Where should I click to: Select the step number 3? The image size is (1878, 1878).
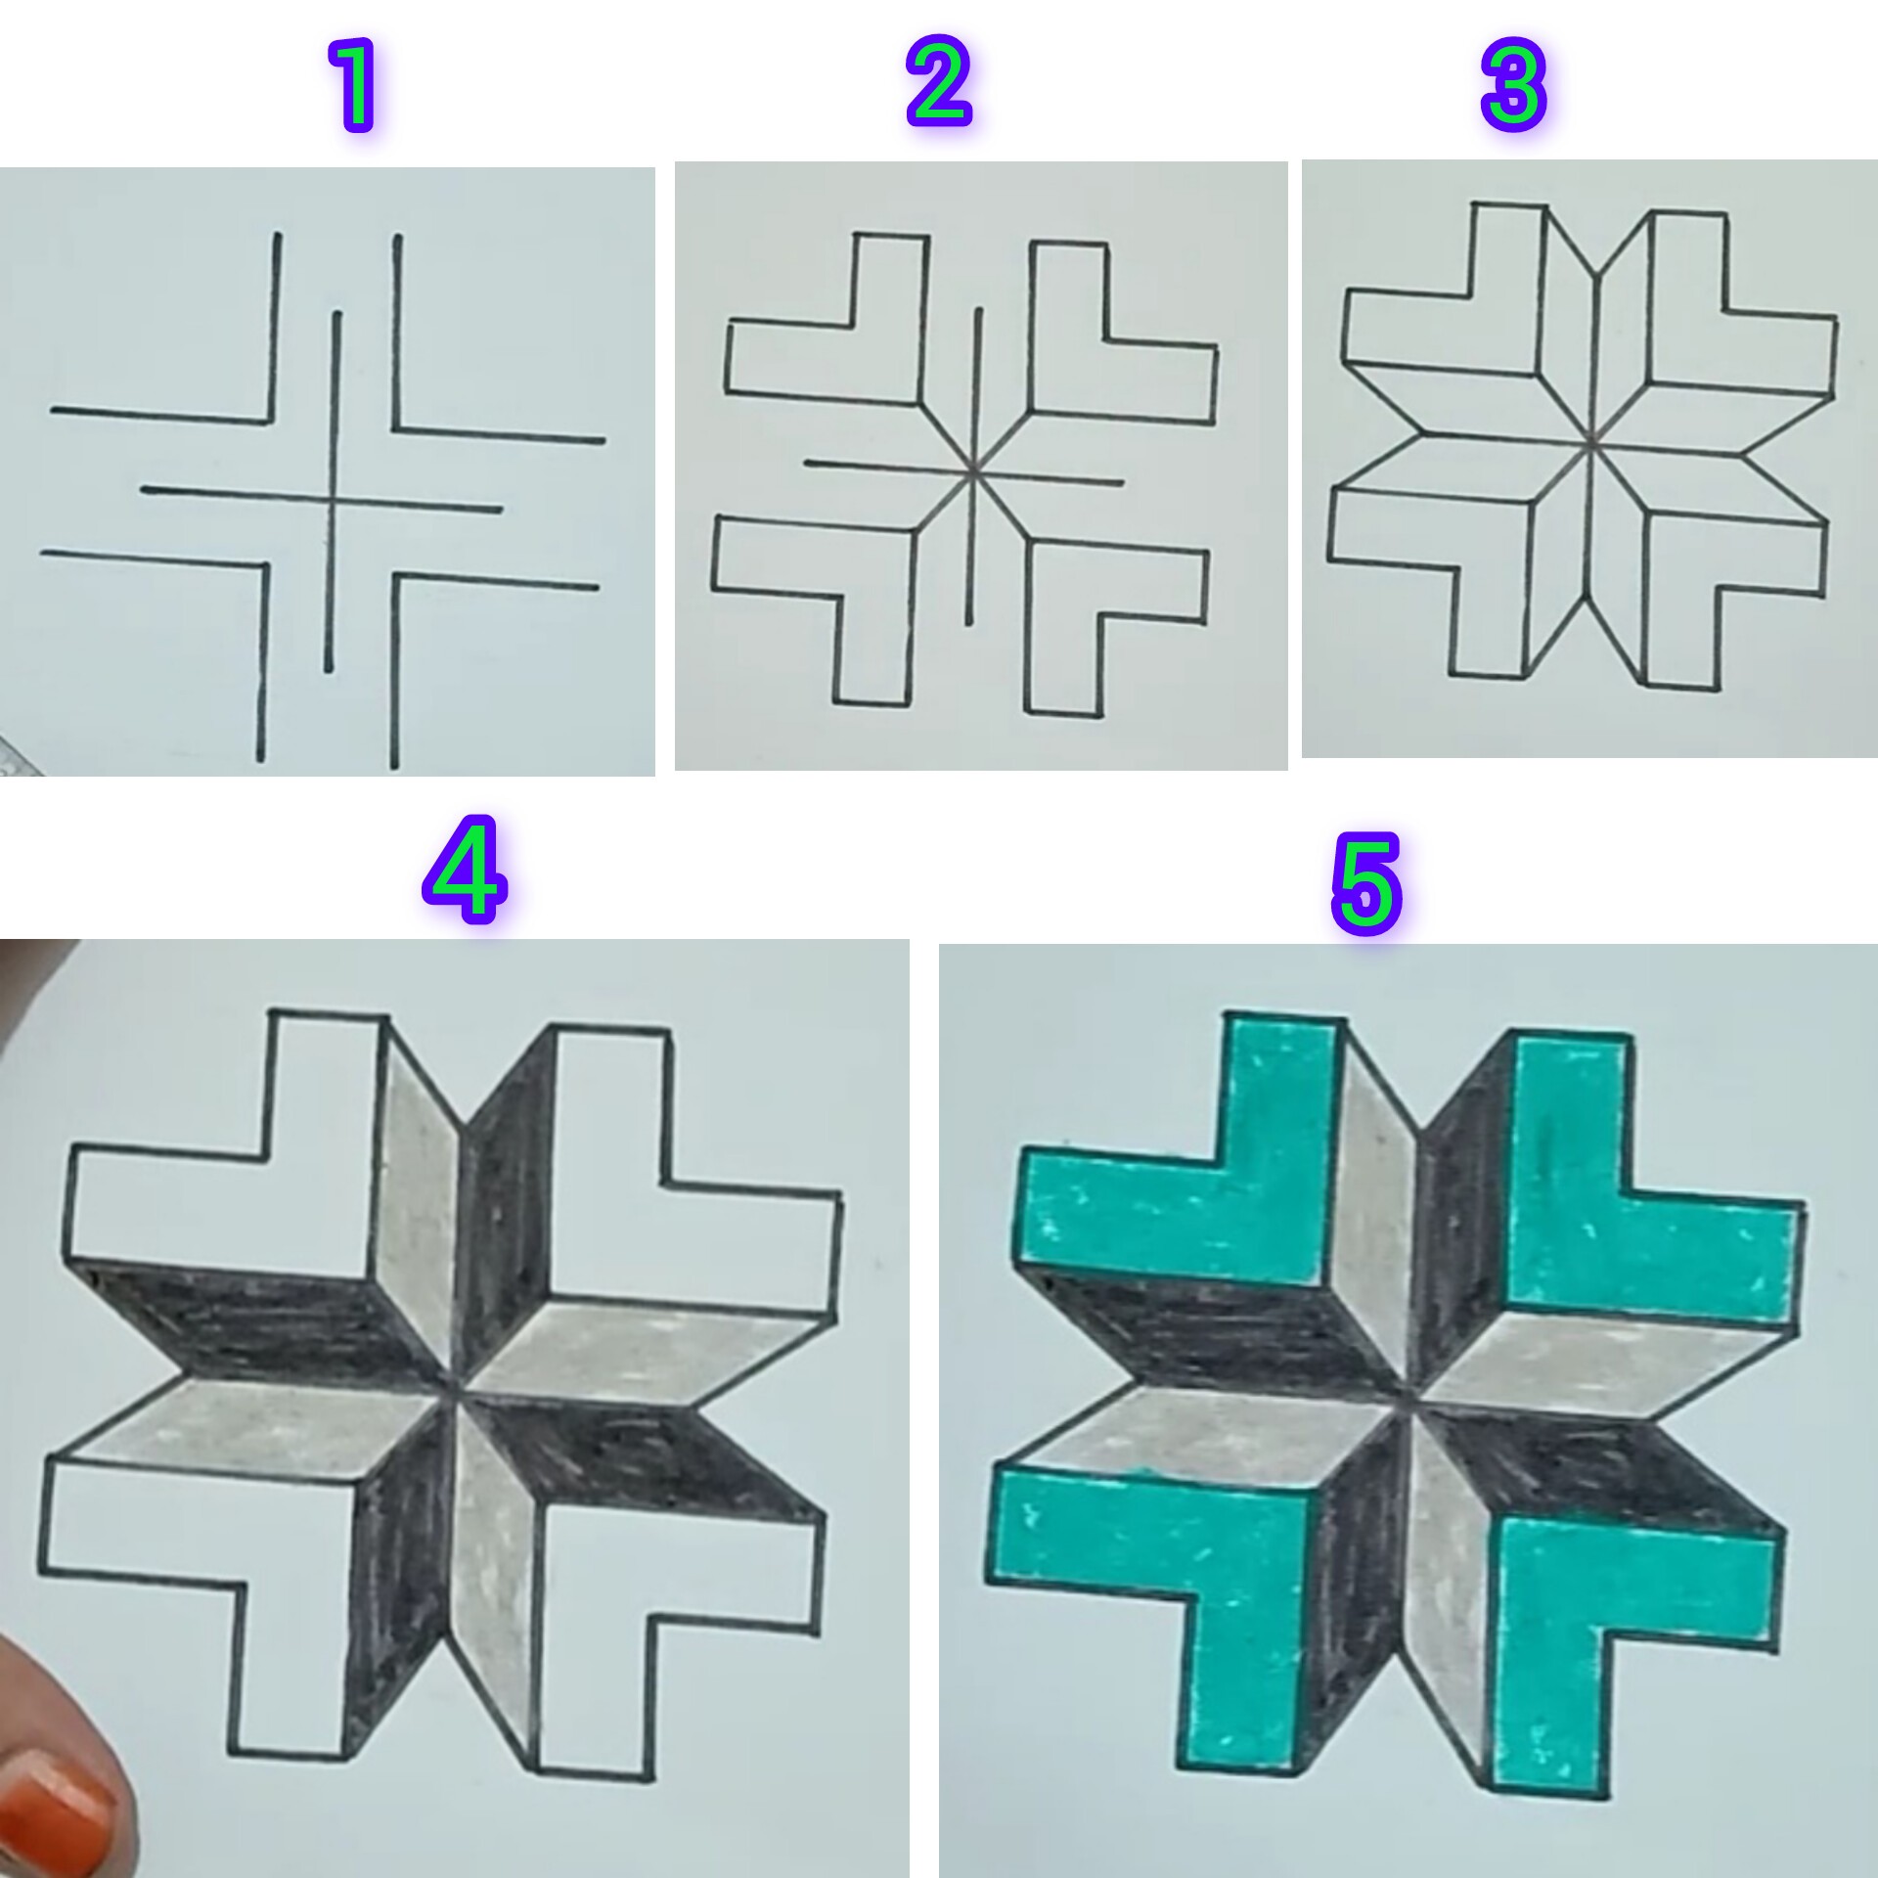[x=1513, y=85]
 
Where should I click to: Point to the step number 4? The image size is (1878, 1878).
[x=466, y=872]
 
